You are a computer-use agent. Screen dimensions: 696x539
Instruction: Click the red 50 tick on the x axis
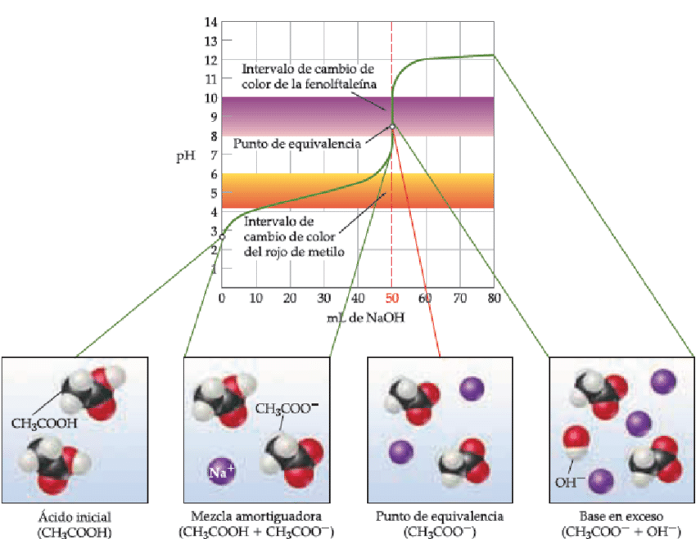click(x=392, y=298)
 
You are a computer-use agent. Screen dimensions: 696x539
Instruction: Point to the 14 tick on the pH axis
click(x=210, y=22)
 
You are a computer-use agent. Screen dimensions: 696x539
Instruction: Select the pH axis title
click(x=186, y=156)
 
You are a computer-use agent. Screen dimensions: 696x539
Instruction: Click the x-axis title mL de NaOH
click(x=366, y=317)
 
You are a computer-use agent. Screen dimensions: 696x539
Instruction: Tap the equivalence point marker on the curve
click(x=392, y=127)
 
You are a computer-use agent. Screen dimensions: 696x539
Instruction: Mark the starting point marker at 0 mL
click(x=223, y=236)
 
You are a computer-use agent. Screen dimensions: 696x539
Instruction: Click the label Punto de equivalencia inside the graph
click(x=297, y=144)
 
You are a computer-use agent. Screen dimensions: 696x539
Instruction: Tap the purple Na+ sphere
click(x=222, y=471)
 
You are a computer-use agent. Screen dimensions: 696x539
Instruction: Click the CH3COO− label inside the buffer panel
click(x=287, y=408)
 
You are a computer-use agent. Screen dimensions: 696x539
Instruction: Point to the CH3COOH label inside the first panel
click(x=44, y=424)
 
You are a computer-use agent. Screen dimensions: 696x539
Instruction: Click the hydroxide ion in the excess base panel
click(x=576, y=442)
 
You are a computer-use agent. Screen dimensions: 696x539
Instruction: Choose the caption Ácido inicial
click(x=75, y=517)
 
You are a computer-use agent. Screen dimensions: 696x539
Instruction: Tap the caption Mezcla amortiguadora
click(x=256, y=516)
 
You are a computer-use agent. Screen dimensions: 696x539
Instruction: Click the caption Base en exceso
click(x=621, y=516)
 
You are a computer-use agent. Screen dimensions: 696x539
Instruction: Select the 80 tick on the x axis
click(x=494, y=298)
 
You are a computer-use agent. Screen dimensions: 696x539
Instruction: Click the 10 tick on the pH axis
click(x=210, y=97)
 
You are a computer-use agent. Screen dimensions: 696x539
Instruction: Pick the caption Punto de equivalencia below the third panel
click(x=440, y=516)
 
